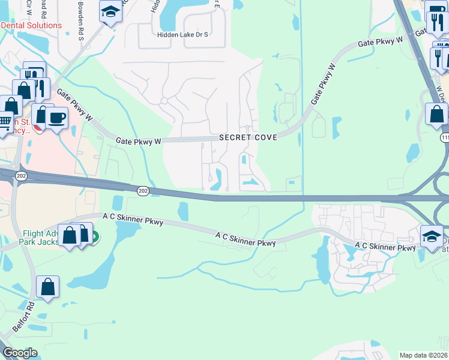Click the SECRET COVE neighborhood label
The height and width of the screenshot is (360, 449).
tap(248, 137)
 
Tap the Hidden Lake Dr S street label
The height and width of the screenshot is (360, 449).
tap(182, 35)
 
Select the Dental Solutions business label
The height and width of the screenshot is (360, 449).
tap(31, 26)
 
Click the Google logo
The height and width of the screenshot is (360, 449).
tap(20, 353)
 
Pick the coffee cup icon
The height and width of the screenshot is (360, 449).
tap(57, 116)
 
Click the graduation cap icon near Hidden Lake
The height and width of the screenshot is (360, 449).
tap(110, 11)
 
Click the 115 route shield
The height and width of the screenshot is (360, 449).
tap(445, 138)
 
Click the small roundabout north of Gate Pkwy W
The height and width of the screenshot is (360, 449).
tap(163, 101)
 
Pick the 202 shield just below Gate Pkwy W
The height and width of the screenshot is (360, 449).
tap(143, 190)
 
